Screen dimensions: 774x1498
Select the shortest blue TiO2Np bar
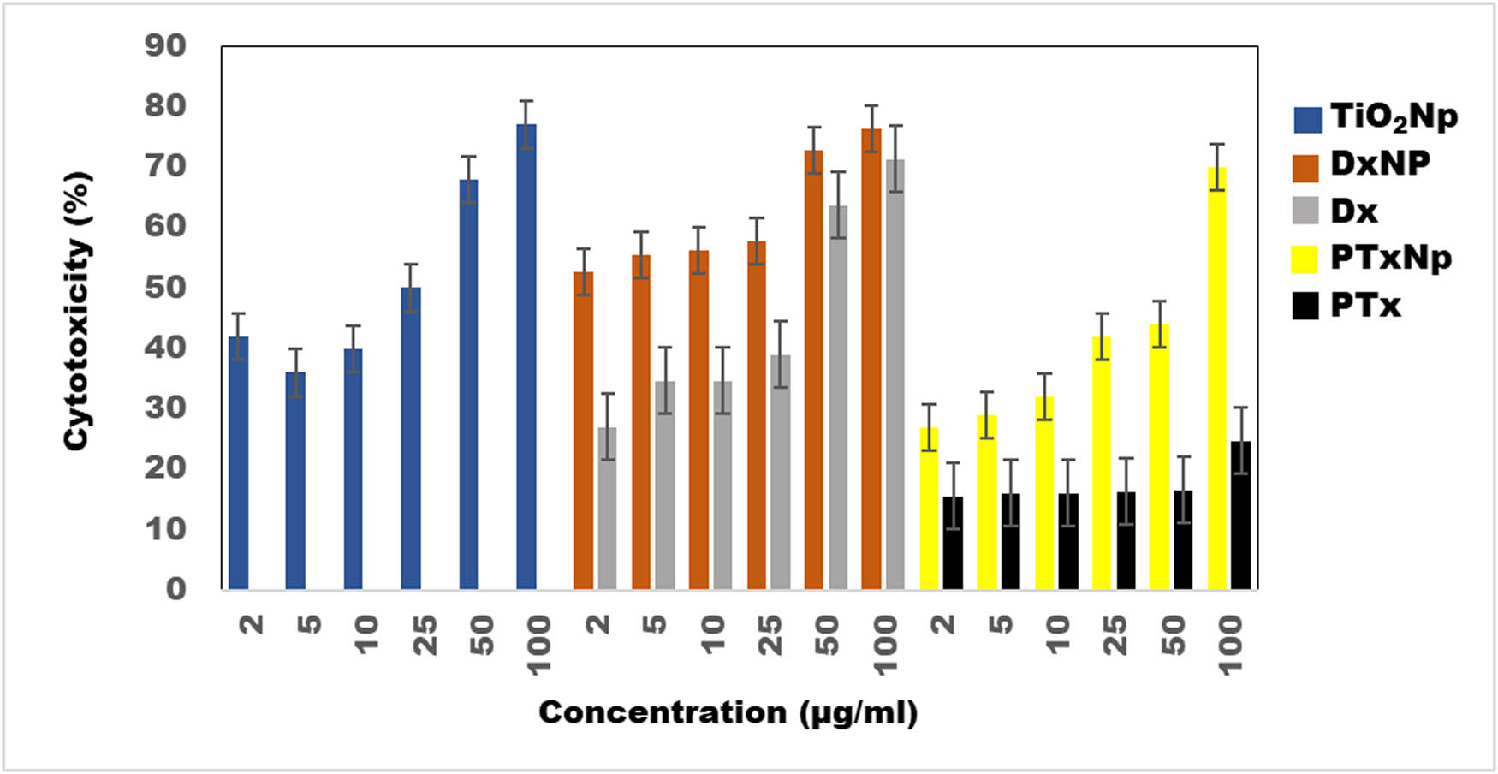click(x=295, y=479)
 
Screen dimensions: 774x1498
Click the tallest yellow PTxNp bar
click(x=1216, y=377)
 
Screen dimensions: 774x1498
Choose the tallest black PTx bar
click(x=1240, y=515)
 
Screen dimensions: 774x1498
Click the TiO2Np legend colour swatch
click(x=1307, y=120)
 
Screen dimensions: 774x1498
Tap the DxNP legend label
click(x=1380, y=163)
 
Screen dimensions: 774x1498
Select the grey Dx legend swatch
click(x=1305, y=211)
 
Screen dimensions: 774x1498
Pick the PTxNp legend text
click(x=1391, y=258)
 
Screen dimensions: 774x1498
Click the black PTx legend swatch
click(x=1305, y=306)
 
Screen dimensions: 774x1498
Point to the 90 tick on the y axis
click(x=165, y=45)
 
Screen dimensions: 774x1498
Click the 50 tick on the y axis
click(x=165, y=287)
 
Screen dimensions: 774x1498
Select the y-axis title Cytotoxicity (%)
click(x=78, y=311)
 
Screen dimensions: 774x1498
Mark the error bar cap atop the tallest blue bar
click(x=526, y=101)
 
